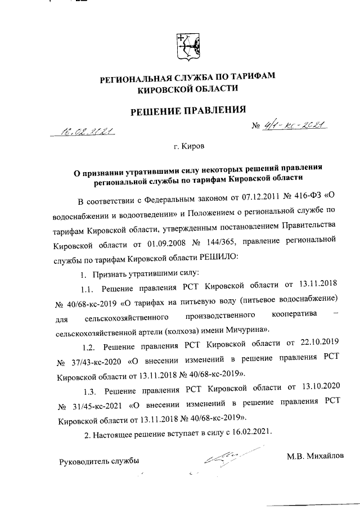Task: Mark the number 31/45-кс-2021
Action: [x=96, y=402]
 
